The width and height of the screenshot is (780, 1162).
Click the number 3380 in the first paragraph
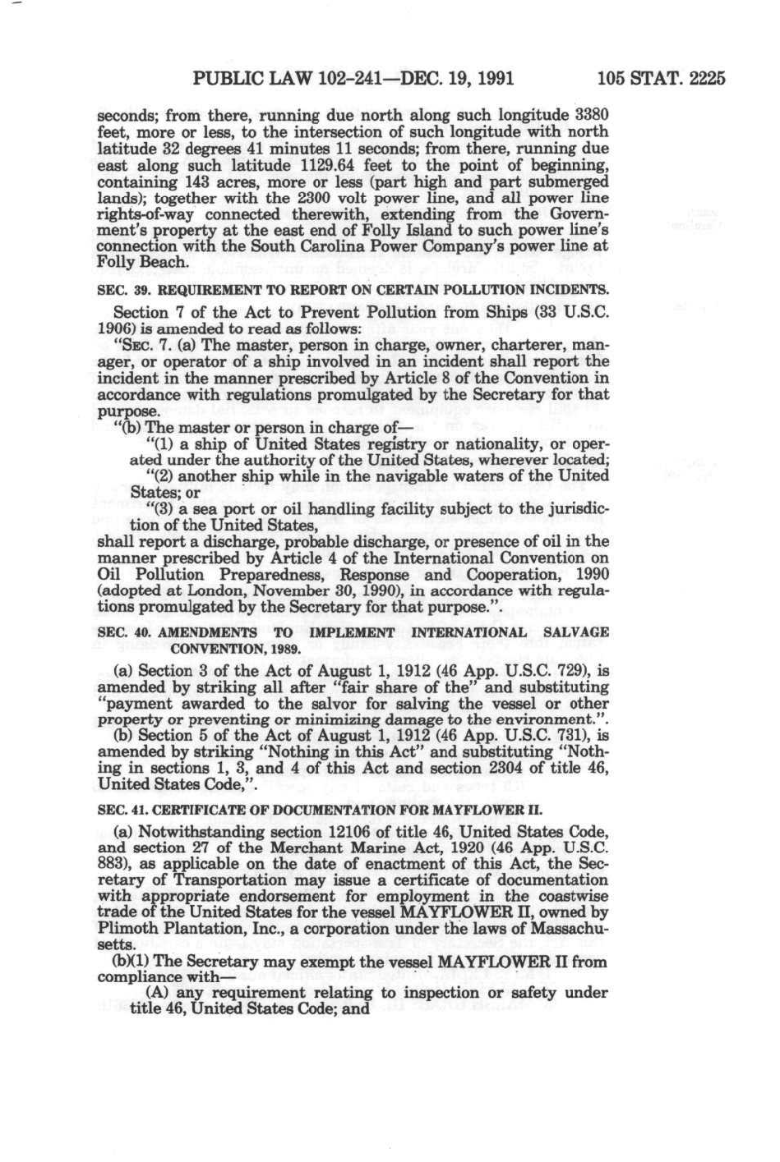(591, 115)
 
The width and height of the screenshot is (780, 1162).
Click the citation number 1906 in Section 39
(116, 327)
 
